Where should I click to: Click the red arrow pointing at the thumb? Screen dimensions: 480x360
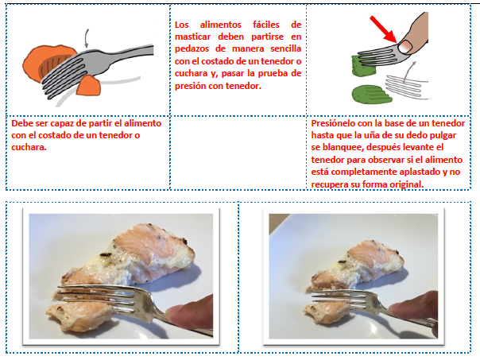click(x=383, y=29)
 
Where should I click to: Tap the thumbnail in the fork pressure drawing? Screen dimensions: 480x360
click(x=405, y=47)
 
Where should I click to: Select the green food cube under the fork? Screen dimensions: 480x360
click(x=363, y=65)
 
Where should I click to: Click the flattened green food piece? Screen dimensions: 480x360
click(x=372, y=95)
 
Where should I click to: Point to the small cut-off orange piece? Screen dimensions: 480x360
click(x=88, y=85)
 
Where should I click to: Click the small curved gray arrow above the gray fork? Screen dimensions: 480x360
click(x=87, y=38)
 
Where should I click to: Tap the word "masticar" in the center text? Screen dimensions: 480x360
click(x=192, y=37)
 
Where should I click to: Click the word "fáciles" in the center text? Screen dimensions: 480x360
click(x=266, y=25)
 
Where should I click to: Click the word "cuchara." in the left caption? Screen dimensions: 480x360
click(x=29, y=147)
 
